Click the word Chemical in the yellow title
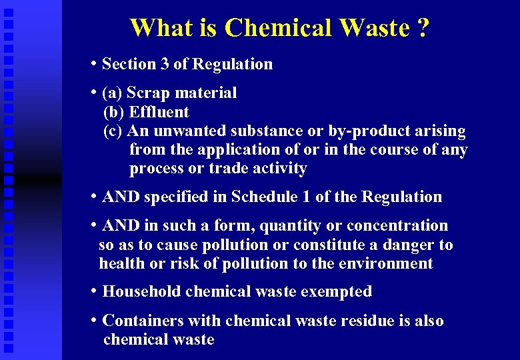pos(279,28)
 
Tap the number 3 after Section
pos(164,64)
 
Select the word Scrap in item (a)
pos(147,93)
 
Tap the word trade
pos(231,169)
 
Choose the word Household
pos(142,291)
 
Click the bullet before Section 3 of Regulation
pos(95,64)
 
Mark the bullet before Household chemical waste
pos(95,291)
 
